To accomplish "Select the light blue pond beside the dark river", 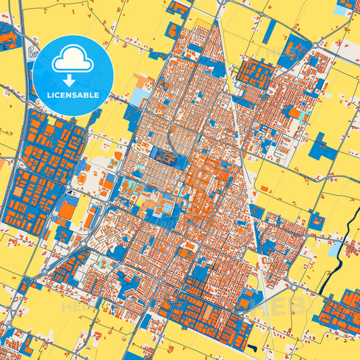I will click(x=334, y=249).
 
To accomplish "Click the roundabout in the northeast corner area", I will click(x=315, y=45).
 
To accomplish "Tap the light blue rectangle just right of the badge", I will click(x=137, y=97).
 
